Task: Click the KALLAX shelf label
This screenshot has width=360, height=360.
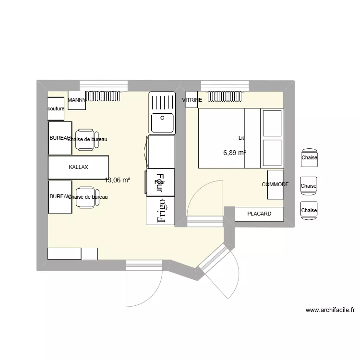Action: [x=78, y=167]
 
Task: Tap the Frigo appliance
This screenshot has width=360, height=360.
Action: [x=161, y=211]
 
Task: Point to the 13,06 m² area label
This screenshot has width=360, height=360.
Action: [x=118, y=180]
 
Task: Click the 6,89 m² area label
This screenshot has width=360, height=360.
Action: [x=234, y=153]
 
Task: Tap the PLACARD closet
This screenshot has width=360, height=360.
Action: [x=259, y=214]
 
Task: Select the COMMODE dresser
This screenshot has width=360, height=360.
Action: [x=275, y=184]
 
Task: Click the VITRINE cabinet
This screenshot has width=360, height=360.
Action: [x=192, y=100]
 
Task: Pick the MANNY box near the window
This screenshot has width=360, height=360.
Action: [x=77, y=100]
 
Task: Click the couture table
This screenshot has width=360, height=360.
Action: [x=56, y=109]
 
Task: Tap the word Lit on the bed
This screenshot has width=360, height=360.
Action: [x=241, y=138]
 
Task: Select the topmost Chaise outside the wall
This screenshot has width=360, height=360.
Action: [x=309, y=157]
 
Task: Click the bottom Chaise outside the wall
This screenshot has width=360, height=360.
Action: [x=309, y=210]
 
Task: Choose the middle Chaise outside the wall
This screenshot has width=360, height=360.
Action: [x=309, y=186]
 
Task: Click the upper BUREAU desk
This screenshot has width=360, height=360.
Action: [x=60, y=138]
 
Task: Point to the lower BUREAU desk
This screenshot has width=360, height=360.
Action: [x=60, y=196]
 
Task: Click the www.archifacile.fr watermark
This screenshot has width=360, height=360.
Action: [x=330, y=310]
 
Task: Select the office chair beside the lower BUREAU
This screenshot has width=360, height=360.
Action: [x=85, y=197]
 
